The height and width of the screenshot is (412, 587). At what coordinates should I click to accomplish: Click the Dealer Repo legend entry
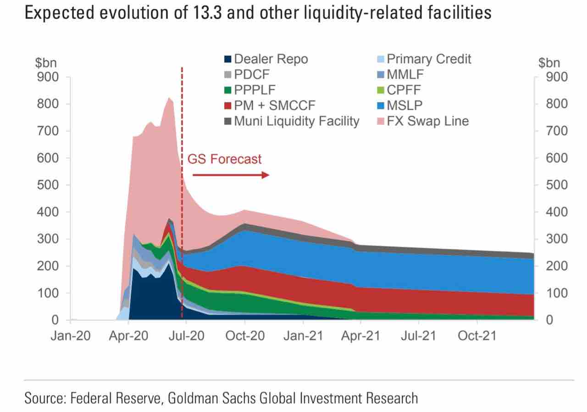tap(266, 59)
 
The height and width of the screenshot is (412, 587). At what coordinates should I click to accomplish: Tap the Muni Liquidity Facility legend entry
tap(292, 122)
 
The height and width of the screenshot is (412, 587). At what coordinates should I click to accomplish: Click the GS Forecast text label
tap(225, 159)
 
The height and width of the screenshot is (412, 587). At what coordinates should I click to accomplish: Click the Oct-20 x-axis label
tap(245, 336)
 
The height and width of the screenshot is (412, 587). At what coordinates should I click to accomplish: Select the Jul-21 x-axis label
tap(419, 336)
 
